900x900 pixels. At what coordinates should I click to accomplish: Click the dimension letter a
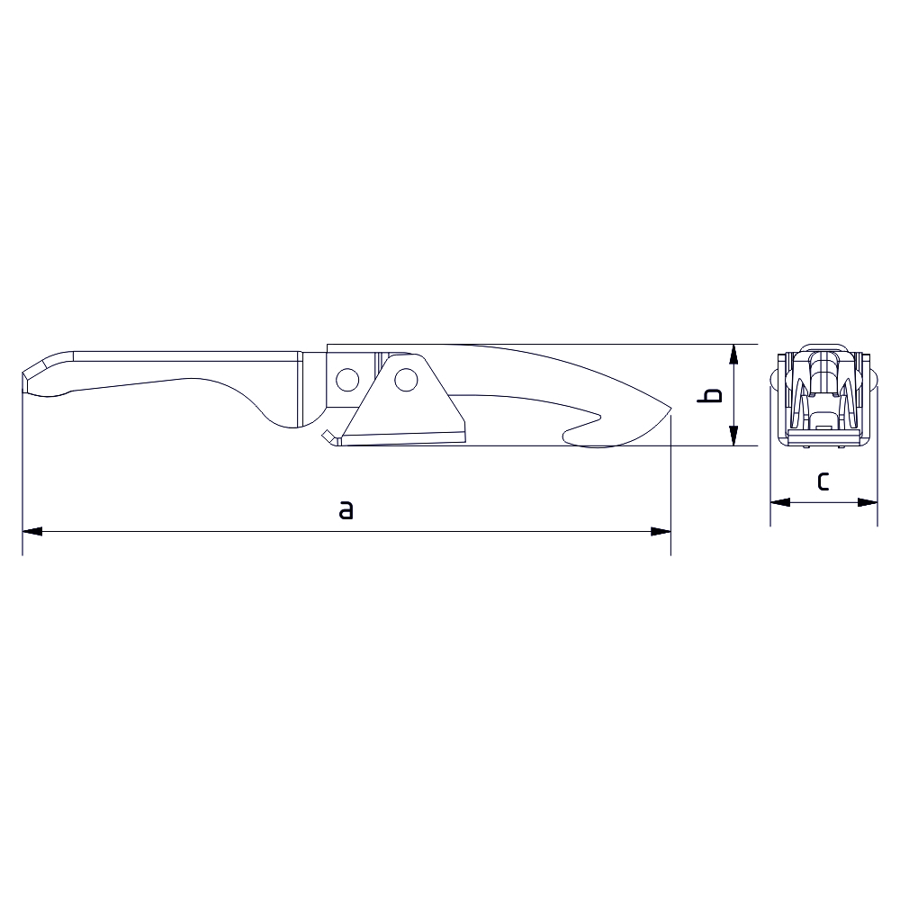click(x=346, y=509)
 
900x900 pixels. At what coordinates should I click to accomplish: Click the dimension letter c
click(x=823, y=481)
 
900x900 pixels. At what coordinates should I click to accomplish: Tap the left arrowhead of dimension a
click(x=32, y=532)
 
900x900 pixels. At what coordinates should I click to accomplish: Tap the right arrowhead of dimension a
click(x=661, y=532)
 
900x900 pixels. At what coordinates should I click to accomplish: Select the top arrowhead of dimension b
click(x=733, y=354)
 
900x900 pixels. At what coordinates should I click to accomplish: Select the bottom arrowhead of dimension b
click(x=733, y=436)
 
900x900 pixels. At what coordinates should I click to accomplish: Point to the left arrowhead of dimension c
click(x=780, y=502)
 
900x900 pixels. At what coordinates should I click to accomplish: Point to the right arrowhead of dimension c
click(x=868, y=502)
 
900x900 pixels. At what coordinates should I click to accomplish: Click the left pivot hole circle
click(x=347, y=380)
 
